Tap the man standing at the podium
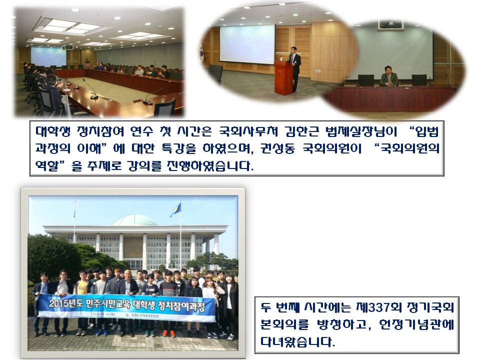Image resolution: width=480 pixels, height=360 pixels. (295, 64)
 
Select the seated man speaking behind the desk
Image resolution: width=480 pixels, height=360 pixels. (388, 77)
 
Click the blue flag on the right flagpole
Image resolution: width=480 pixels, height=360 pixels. (176, 209)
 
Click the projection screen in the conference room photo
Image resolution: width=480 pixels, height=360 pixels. (48, 57)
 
